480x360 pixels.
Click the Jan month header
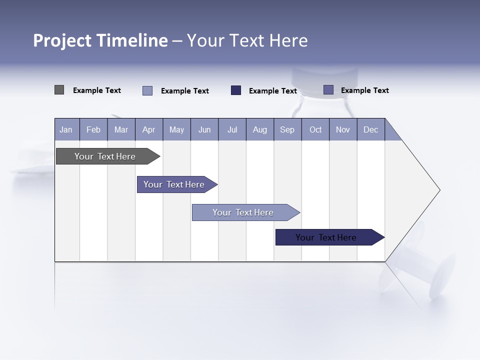coord(66,129)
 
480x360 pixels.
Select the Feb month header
coord(93,129)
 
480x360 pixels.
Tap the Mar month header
coord(121,129)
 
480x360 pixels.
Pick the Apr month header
coord(149,129)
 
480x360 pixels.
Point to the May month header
coord(176,129)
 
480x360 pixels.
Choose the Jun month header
coord(204,129)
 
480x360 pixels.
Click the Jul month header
coord(232,129)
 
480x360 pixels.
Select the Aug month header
coord(260,129)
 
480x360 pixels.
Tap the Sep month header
coord(287,129)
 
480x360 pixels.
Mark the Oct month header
coord(315,129)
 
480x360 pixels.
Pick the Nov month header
coord(343,129)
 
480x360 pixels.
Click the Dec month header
coord(370,129)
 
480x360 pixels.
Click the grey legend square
coord(59,90)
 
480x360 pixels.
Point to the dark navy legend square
coord(236,90)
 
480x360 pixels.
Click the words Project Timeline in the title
coord(100,40)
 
